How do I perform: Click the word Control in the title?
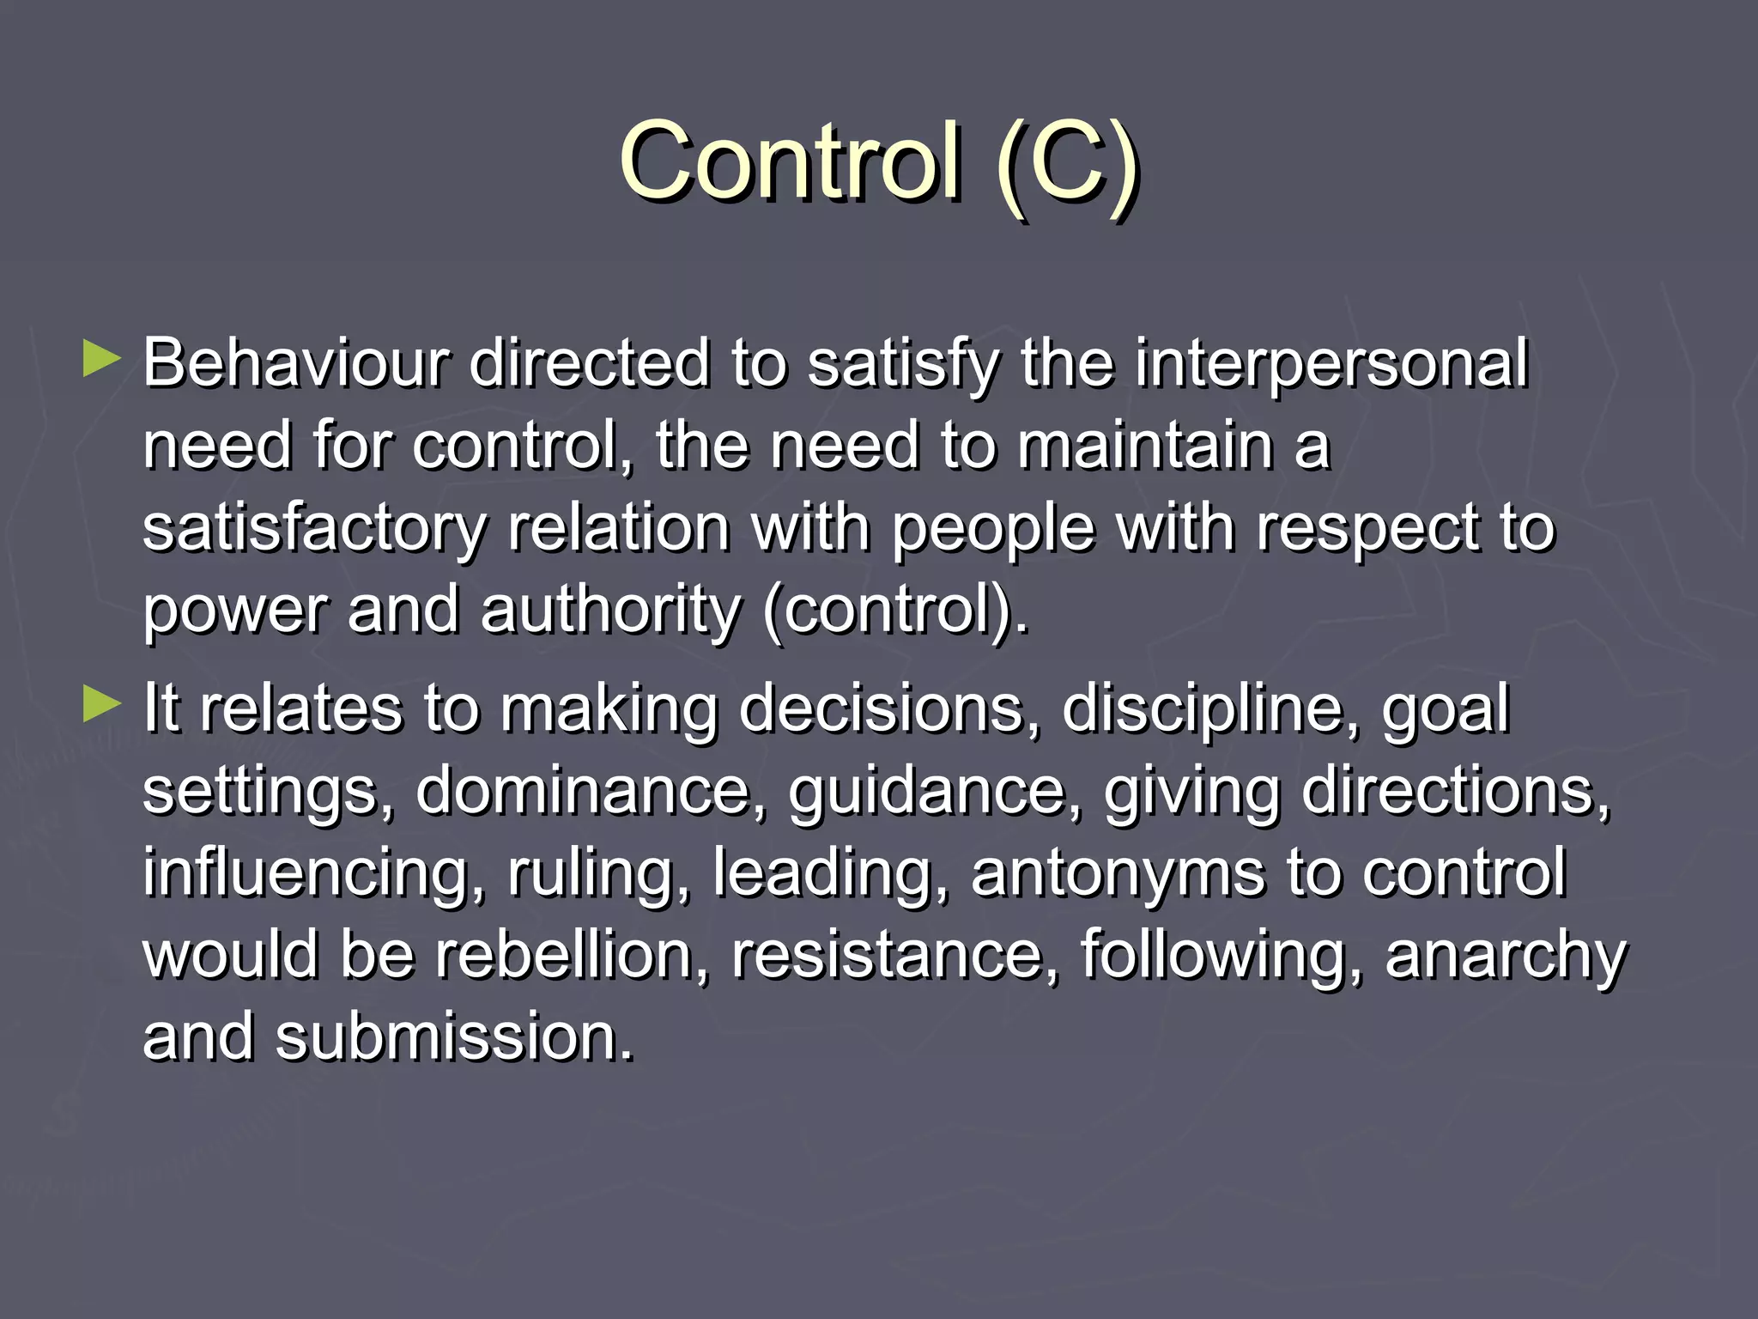789,161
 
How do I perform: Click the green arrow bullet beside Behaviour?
102,360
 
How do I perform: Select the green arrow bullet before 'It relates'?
102,705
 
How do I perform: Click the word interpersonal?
1331,365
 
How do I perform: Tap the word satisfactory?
314,529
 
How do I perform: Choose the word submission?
454,1036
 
